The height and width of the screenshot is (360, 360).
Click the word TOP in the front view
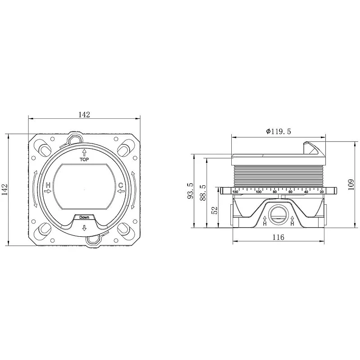click(x=84, y=159)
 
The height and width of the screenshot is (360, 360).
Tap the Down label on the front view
click(x=84, y=217)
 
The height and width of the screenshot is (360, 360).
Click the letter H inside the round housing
click(x=48, y=185)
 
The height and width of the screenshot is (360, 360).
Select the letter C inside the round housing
click(x=121, y=185)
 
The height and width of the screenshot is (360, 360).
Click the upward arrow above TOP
click(x=84, y=153)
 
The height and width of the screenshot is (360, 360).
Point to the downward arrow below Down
click(x=84, y=228)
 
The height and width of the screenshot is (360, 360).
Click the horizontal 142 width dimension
click(x=84, y=115)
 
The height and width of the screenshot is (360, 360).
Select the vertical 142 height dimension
click(x=5, y=189)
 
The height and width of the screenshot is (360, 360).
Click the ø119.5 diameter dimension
click(x=279, y=131)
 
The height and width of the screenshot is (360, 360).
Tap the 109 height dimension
click(x=351, y=184)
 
